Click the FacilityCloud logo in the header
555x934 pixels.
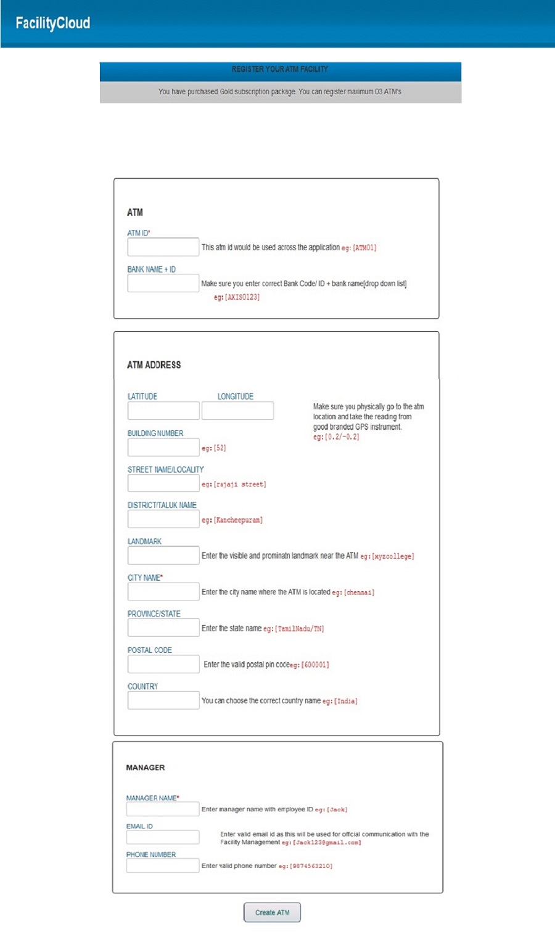[53, 23]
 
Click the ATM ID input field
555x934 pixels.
[163, 247]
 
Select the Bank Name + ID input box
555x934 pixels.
[163, 284]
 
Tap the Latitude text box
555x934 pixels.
[163, 411]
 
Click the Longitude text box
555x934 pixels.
[237, 411]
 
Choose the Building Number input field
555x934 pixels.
[163, 448]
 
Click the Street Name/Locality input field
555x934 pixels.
[163, 483]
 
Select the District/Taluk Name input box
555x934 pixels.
[163, 519]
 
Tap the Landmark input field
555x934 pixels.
[163, 555]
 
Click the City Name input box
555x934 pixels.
[163, 592]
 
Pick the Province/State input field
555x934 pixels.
[163, 628]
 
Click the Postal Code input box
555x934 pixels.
[163, 664]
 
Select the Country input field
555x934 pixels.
[163, 700]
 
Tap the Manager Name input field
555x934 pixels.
[162, 809]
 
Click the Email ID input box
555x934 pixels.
[162, 837]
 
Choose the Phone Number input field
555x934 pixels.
[162, 866]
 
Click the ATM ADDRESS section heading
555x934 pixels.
[154, 365]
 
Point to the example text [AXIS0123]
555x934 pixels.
[242, 297]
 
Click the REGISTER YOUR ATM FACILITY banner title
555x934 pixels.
[280, 70]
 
